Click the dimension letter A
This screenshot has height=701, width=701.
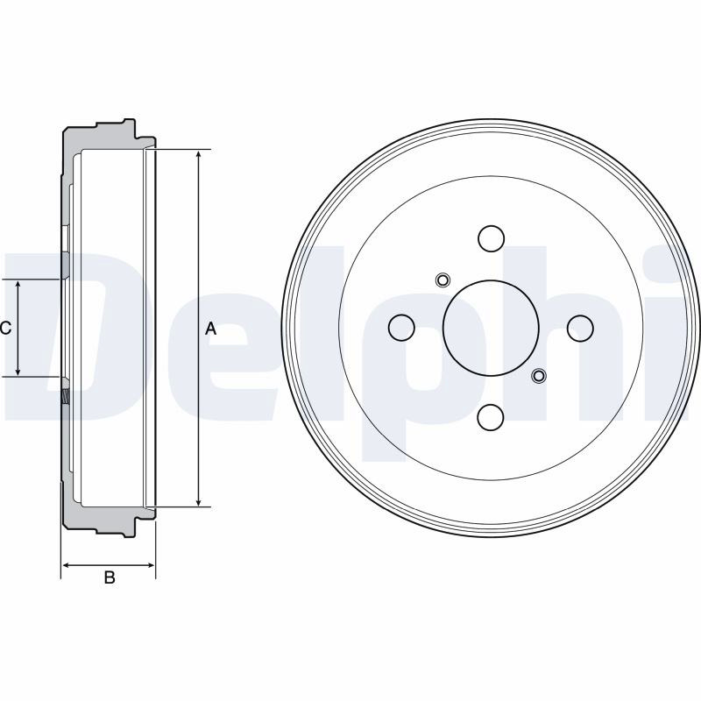tap(210, 329)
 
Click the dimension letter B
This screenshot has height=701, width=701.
tap(110, 577)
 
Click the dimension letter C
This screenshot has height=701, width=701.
tap(5, 329)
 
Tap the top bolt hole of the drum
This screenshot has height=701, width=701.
tap(491, 238)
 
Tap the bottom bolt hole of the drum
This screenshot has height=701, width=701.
tap(491, 417)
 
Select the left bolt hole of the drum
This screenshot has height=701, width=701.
tap(401, 328)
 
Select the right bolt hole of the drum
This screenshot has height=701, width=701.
tap(580, 328)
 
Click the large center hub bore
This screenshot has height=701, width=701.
tap(491, 328)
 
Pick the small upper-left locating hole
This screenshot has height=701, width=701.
tap(443, 280)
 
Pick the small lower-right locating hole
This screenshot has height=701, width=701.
tap(539, 376)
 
